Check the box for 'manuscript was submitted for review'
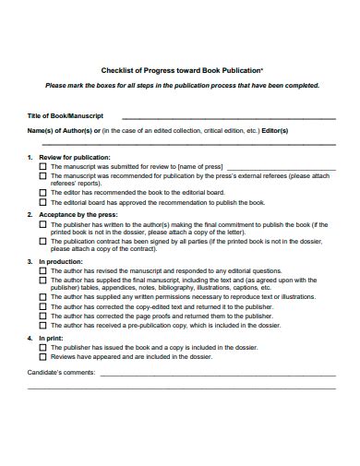coord(42,166)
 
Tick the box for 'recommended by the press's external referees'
coord(42,174)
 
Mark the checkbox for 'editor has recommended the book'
coord(42,192)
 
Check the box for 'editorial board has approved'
coord(42,201)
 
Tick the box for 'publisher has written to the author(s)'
coord(42,223)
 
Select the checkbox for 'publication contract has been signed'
coord(42,241)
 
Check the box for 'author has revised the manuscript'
coord(42,270)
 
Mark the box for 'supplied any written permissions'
coord(42,297)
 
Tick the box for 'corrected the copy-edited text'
coord(42,306)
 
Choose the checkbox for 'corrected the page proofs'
coord(42,316)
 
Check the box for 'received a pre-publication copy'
coord(42,325)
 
